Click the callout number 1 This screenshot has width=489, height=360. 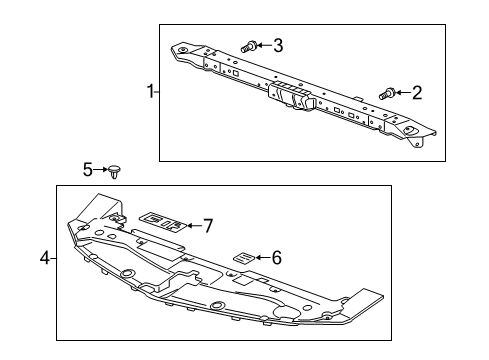(x=150, y=93)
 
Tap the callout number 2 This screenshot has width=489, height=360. (x=416, y=93)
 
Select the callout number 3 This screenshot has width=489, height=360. (x=277, y=45)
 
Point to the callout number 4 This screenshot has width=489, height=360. (x=44, y=259)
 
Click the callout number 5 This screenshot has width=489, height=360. (x=87, y=170)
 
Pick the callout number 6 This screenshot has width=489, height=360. (x=277, y=257)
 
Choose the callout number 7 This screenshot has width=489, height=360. (x=208, y=225)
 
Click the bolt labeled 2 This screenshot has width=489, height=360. (x=386, y=94)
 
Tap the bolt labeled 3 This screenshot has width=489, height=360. (x=249, y=45)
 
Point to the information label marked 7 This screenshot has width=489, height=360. (x=164, y=223)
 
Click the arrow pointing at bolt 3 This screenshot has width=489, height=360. (x=264, y=45)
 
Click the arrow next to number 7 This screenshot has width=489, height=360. (x=192, y=225)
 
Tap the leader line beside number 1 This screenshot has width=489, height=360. (x=158, y=93)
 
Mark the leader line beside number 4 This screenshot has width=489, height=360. (x=53, y=259)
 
